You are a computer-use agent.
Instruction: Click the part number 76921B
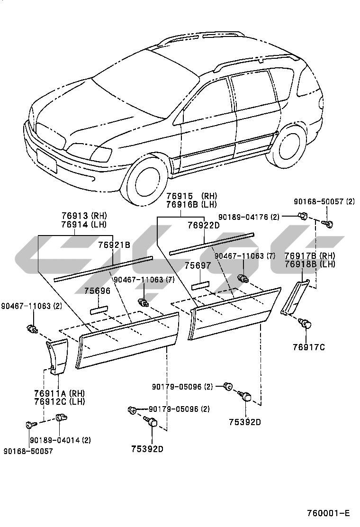tap(114, 245)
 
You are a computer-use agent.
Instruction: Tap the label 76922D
tap(204, 225)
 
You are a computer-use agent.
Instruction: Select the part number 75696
tap(98, 291)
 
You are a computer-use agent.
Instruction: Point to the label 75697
tap(198, 266)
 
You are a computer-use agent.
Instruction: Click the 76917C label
tap(309, 347)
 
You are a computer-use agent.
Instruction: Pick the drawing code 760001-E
tap(327, 513)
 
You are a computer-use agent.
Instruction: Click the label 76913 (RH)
tap(84, 215)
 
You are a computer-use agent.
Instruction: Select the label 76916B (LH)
tap(191, 204)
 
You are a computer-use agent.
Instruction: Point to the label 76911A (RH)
tap(58, 393)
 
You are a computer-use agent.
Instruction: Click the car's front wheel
tap(146, 180)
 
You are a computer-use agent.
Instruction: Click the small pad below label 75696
tap(98, 310)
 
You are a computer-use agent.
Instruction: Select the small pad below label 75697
tap(200, 286)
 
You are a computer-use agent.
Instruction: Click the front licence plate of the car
tap(46, 160)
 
